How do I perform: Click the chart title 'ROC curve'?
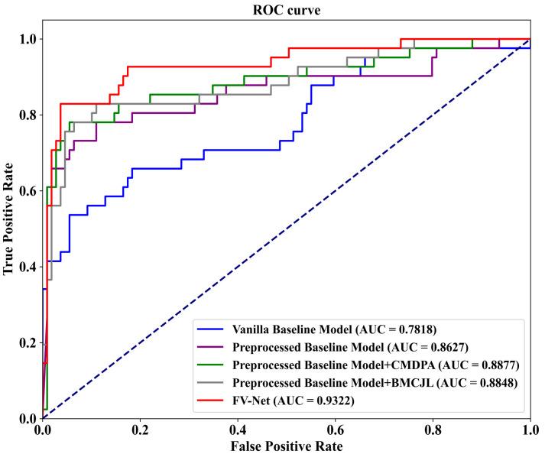point(286,8)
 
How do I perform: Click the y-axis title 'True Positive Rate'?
point(9,218)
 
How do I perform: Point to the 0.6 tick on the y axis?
point(28,190)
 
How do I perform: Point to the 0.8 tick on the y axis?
point(28,115)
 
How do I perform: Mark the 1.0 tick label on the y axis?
point(28,39)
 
